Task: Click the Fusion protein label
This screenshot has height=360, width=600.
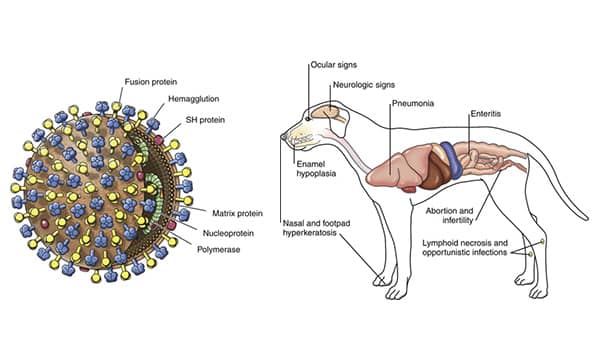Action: [151, 82]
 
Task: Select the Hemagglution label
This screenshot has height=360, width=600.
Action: [194, 99]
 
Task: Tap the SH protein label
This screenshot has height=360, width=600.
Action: [205, 120]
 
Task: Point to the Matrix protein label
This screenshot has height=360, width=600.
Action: [237, 213]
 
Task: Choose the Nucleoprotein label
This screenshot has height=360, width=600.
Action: [228, 233]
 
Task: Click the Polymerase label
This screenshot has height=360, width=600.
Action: [218, 250]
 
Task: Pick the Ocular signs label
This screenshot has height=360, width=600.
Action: [334, 65]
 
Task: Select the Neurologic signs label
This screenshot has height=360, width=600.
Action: [364, 85]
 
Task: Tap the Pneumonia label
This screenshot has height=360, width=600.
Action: [413, 103]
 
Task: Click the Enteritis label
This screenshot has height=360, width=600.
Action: [486, 114]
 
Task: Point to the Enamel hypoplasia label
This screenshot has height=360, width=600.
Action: [316, 169]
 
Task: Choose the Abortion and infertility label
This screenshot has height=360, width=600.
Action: [450, 215]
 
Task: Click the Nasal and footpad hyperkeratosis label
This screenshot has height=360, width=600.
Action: [316, 228]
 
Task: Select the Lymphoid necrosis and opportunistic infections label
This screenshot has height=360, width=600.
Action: [465, 248]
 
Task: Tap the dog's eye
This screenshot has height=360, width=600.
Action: [308, 119]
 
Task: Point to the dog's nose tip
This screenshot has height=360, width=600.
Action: [283, 136]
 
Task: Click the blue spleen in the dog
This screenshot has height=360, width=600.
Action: [452, 160]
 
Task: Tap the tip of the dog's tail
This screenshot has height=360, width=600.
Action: [586, 217]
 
